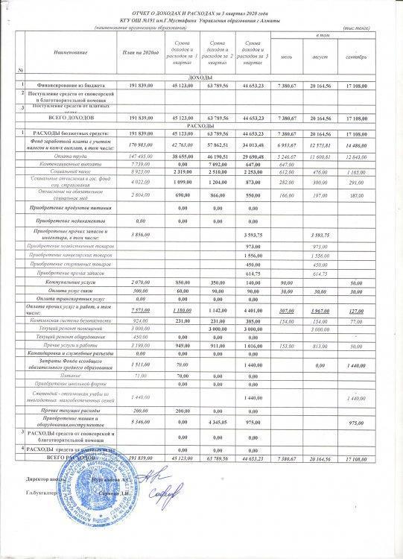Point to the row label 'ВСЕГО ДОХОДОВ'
[x=70, y=118]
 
